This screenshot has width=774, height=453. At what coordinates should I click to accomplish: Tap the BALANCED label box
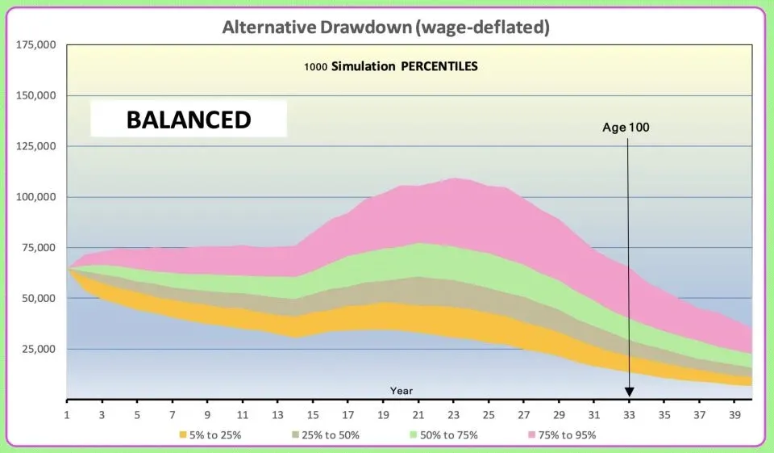pos(189,120)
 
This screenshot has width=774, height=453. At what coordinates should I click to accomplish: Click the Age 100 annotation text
pos(626,128)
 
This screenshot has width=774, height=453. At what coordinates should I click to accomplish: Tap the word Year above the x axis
pos(402,391)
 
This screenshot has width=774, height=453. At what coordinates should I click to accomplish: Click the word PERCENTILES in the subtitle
pos(439,66)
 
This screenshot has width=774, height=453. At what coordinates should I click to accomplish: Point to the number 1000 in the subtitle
pos(316,67)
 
